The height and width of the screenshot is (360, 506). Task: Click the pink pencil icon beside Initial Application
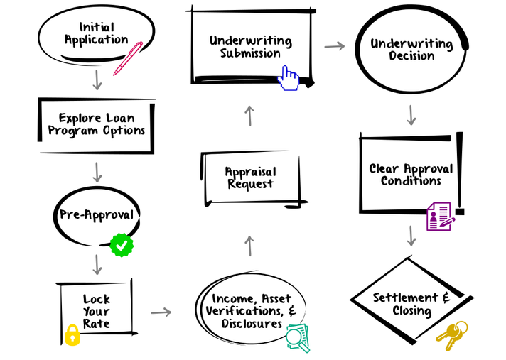pyautogui.click(x=128, y=58)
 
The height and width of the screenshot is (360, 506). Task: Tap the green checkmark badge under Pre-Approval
pyautogui.click(x=122, y=245)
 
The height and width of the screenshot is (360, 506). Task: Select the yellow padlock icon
pyautogui.click(x=72, y=334)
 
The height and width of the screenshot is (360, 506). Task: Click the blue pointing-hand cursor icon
pyautogui.click(x=289, y=77)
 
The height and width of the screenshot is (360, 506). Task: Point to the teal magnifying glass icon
pyautogui.click(x=297, y=337)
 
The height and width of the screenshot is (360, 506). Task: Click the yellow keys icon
pyautogui.click(x=451, y=336)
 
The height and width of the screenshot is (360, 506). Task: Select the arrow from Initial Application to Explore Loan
pyautogui.click(x=97, y=80)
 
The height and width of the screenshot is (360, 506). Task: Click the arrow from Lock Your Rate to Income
pyautogui.click(x=161, y=312)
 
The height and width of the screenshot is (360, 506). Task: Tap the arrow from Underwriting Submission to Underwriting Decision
pyautogui.click(x=334, y=47)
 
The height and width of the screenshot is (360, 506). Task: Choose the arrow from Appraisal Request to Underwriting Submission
pyautogui.click(x=249, y=116)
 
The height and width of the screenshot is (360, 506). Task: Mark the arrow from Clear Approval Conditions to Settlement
pyautogui.click(x=411, y=235)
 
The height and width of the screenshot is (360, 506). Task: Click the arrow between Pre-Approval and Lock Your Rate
pyautogui.click(x=97, y=264)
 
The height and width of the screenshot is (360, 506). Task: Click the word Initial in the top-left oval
pyautogui.click(x=97, y=27)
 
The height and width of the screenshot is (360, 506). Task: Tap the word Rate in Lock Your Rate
pyautogui.click(x=96, y=324)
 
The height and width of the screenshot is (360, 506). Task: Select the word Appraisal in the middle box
pyautogui.click(x=250, y=172)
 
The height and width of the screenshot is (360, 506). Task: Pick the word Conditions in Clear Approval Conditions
pyautogui.click(x=411, y=181)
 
